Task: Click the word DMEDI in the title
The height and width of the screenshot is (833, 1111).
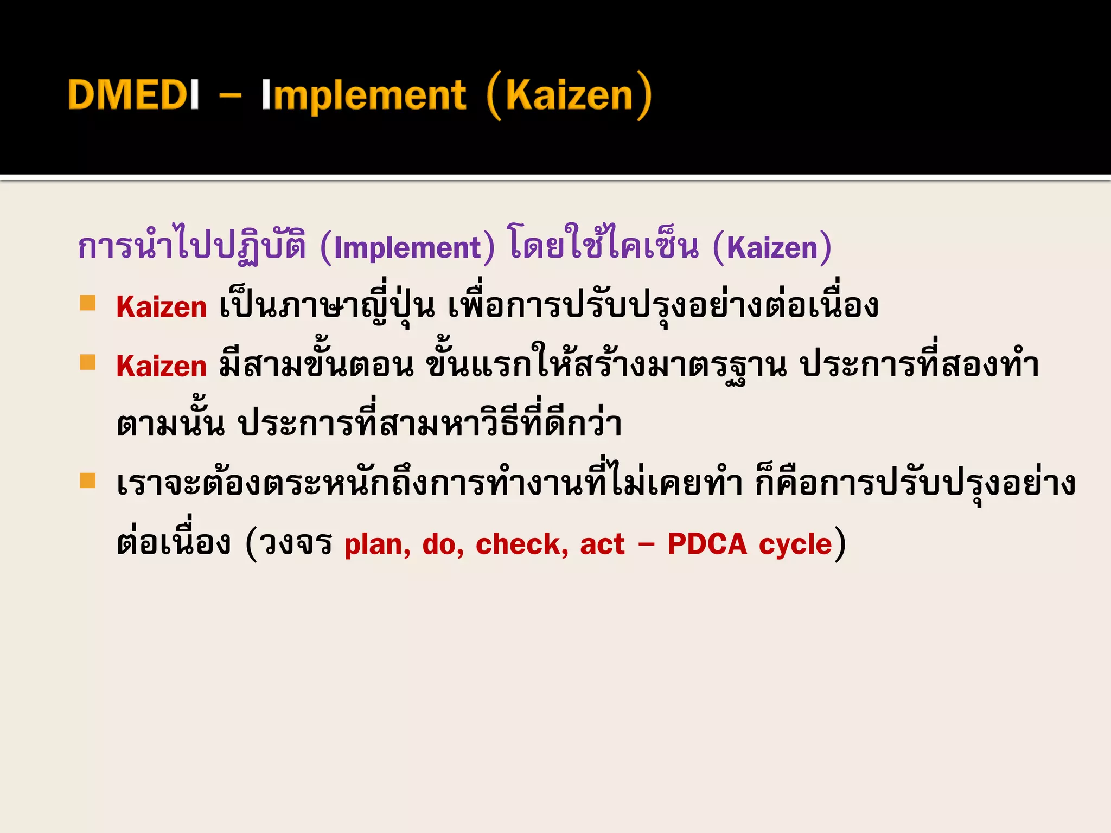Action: pyautogui.click(x=133, y=95)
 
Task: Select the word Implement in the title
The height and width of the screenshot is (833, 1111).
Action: pyautogui.click(x=363, y=96)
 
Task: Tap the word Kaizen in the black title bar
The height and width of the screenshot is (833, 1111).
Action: pyautogui.click(x=569, y=96)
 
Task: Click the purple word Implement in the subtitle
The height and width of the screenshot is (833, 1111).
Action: pyautogui.click(x=407, y=248)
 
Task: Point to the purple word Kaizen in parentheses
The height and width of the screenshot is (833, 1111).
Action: pyautogui.click(x=772, y=248)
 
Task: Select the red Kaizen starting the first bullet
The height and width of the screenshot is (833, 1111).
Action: pyautogui.click(x=162, y=307)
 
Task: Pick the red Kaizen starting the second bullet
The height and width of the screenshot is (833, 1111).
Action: pyautogui.click(x=162, y=366)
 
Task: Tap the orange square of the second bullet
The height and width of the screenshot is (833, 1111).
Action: pyautogui.click(x=87, y=362)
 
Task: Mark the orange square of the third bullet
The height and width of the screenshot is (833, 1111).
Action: pyautogui.click(x=87, y=480)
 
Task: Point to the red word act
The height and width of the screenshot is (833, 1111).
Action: pyautogui.click(x=602, y=544)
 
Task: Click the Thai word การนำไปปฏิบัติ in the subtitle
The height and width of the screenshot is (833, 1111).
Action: pyautogui.click(x=192, y=247)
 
